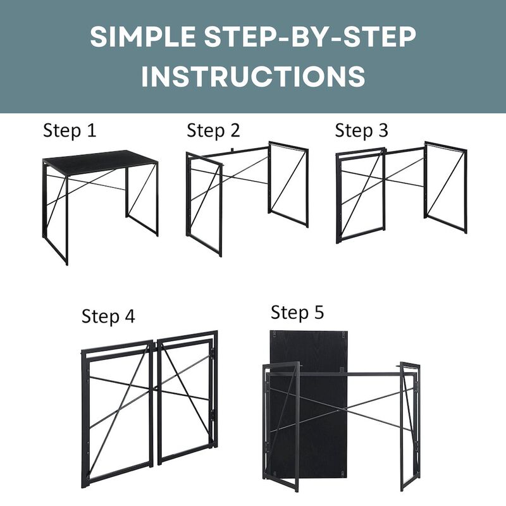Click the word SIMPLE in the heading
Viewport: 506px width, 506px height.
(x=143, y=37)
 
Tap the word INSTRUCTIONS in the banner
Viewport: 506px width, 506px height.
(x=254, y=76)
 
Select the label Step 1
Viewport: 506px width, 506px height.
(x=70, y=131)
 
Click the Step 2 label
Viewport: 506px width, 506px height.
(x=214, y=131)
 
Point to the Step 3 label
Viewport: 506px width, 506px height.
(x=361, y=131)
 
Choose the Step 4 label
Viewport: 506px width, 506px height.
(x=108, y=316)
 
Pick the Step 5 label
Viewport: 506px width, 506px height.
(x=297, y=312)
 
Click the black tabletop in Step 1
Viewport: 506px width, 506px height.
(x=100, y=162)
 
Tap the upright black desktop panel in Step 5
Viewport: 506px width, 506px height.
(x=308, y=407)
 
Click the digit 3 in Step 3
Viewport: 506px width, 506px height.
(x=383, y=130)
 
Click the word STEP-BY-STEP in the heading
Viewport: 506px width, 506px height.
(x=310, y=37)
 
